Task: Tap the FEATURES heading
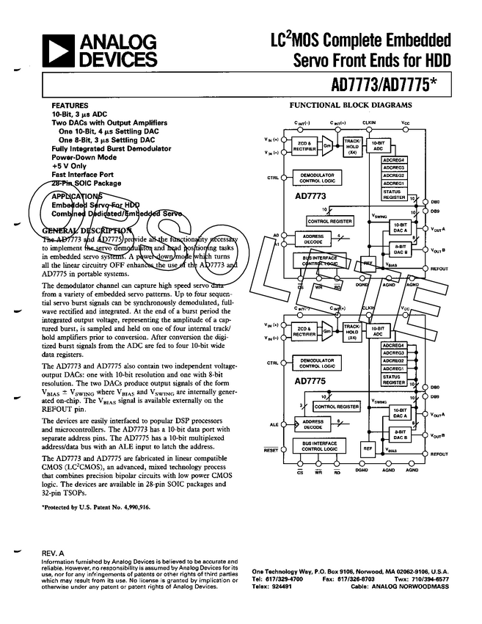click(70, 106)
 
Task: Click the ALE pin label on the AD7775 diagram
click(272, 424)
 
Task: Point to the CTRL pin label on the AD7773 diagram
click(273, 178)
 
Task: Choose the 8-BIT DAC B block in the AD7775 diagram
click(400, 435)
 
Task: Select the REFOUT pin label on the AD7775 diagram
click(439, 454)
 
